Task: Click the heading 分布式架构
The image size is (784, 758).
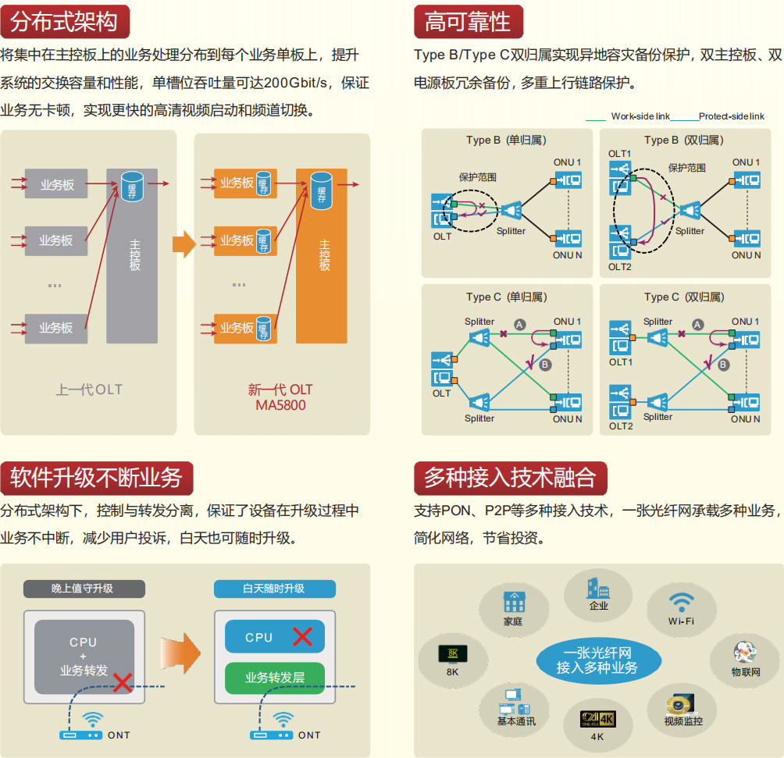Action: coord(65,21)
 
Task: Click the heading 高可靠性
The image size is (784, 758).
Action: coord(468,21)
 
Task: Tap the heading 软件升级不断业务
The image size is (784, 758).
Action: coord(96,476)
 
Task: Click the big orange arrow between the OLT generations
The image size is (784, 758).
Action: coord(184,244)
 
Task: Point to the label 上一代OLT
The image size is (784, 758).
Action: coord(89,389)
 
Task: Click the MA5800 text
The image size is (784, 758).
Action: coord(280,405)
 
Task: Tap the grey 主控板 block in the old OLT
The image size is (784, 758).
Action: coord(134,255)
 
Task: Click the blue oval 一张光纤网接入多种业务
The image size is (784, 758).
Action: coord(597,660)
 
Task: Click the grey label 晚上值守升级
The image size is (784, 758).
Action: coord(83,588)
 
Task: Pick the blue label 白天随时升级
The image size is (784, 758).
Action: coord(273,588)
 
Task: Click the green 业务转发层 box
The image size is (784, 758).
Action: coord(275,678)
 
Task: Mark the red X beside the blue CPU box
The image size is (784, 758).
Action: coord(302,636)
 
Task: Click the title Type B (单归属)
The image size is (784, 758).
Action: coord(506,141)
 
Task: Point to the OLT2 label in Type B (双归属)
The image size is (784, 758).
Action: coord(620,267)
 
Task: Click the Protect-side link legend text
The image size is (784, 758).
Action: coord(731,116)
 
